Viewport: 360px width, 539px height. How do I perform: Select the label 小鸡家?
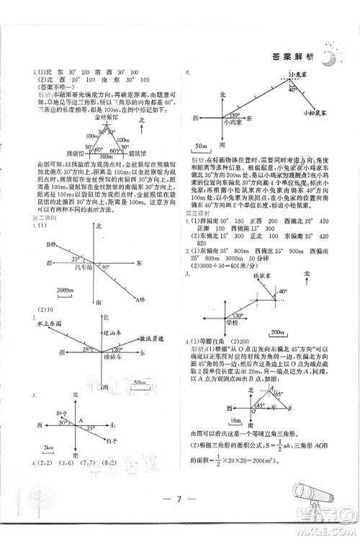pos(233,122)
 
